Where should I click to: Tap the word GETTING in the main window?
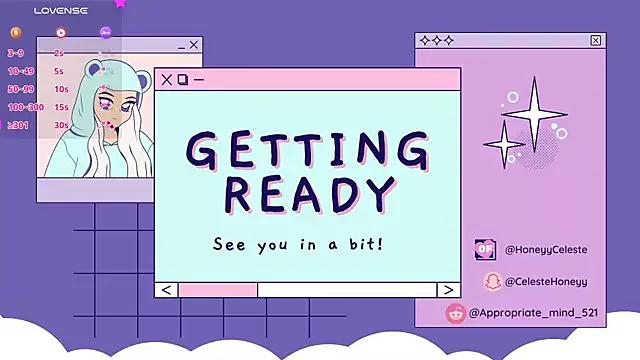[x=307, y=150]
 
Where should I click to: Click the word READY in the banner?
[x=307, y=192]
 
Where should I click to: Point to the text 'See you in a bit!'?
[x=298, y=243]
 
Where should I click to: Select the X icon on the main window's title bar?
[x=166, y=79]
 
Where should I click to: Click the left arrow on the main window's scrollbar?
[x=166, y=290]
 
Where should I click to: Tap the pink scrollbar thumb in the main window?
[x=217, y=290]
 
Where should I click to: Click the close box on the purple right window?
[x=596, y=41]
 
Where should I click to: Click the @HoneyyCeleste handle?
[x=546, y=249]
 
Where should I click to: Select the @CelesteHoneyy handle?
[x=546, y=282]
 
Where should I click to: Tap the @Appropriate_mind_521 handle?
[x=533, y=313]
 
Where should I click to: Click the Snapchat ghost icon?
[x=492, y=281]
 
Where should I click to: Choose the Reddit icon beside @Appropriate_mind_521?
[x=455, y=313]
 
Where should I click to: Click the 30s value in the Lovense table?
[x=61, y=125]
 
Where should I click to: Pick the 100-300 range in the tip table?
[x=25, y=107]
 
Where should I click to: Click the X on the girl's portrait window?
[x=194, y=45]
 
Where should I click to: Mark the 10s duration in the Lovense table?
[x=61, y=89]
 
